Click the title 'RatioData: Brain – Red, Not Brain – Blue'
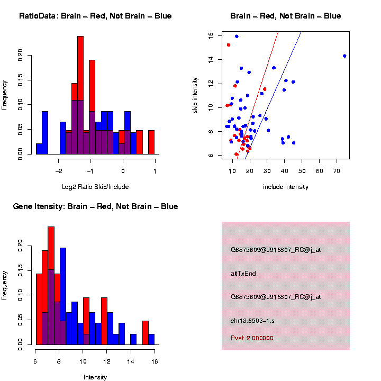click(95, 16)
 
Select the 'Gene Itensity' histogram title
click(95, 206)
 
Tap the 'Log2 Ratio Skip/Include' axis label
click(95, 186)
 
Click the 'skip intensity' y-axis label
click(195, 94)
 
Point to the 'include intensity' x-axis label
click(286, 187)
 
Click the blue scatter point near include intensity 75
click(344, 56)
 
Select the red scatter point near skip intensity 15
click(229, 45)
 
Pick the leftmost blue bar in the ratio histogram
click(39, 148)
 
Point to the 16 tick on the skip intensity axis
click(211, 35)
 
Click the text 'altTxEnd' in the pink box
click(243, 274)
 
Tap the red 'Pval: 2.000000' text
click(252, 338)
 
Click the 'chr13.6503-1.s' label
click(253, 320)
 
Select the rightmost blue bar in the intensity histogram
click(151, 339)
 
